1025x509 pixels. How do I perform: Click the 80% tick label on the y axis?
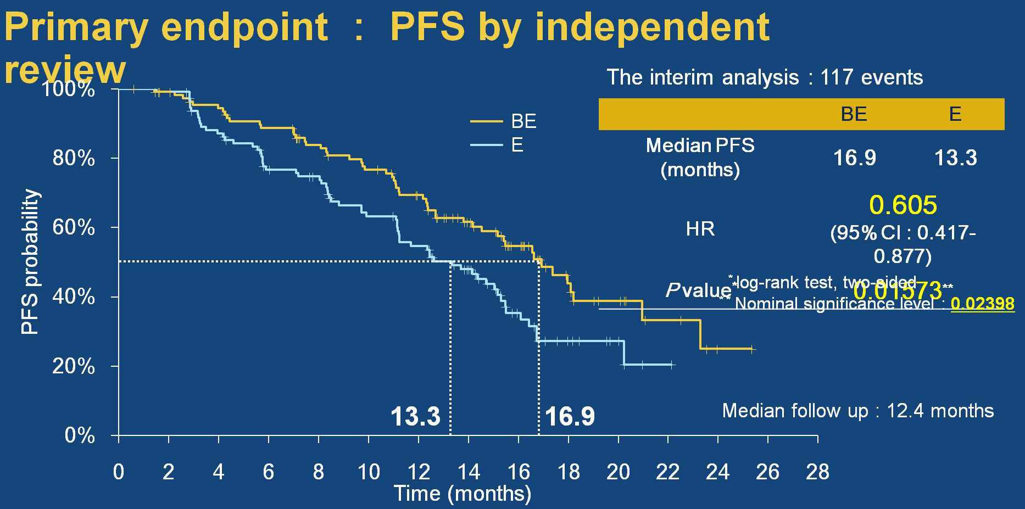tap(74, 159)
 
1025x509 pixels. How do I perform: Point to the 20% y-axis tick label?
tap(74, 366)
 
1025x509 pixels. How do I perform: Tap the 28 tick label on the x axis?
tap(817, 472)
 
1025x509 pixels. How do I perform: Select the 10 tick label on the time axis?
tap(369, 472)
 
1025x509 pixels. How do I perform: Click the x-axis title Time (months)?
tap(463, 494)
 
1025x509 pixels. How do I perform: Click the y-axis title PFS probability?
tap(30, 262)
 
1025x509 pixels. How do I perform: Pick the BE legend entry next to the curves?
tap(523, 121)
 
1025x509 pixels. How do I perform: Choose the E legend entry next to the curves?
tap(517, 145)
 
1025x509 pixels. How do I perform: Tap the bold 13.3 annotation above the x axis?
tap(415, 416)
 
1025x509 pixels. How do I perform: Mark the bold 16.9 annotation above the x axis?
tap(570, 416)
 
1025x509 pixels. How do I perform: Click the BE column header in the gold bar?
tap(854, 114)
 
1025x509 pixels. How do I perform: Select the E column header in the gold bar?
tap(955, 114)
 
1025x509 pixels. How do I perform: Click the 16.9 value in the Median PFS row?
tap(855, 158)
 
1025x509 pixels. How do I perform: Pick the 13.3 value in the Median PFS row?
tap(956, 158)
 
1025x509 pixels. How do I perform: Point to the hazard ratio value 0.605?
tap(903, 205)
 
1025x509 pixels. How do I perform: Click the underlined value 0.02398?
tap(983, 304)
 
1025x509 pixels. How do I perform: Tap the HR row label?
tap(700, 229)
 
